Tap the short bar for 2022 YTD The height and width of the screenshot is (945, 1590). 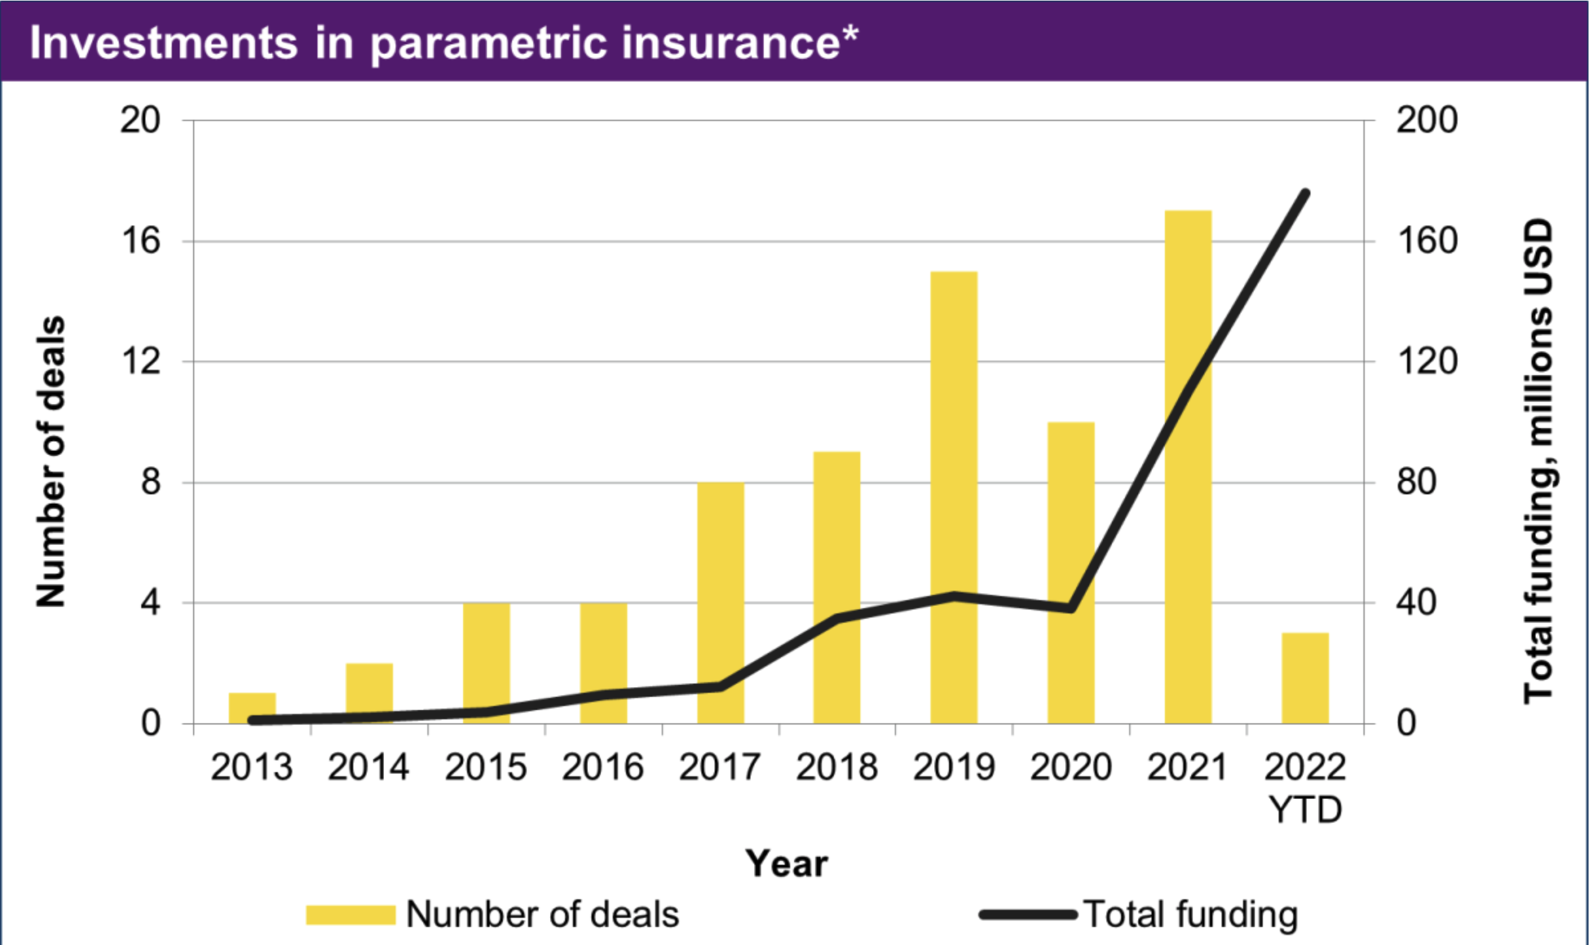click(x=1305, y=679)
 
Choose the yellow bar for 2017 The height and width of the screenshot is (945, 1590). click(x=721, y=573)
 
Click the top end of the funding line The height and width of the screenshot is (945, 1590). click(x=1305, y=193)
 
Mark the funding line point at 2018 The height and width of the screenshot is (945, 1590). click(x=837, y=618)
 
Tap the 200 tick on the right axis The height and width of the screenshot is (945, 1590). click(x=1427, y=120)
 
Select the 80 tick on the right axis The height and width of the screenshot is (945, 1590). click(x=1416, y=482)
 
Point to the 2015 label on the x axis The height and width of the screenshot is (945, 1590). click(x=485, y=768)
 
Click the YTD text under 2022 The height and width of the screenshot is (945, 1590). click(x=1305, y=810)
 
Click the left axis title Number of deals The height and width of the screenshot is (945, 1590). click(x=51, y=461)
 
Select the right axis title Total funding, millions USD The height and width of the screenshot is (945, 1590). click(x=1538, y=461)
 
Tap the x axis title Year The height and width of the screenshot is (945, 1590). click(x=787, y=864)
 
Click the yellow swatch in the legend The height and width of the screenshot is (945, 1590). click(x=351, y=915)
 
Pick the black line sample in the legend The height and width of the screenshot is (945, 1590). click(x=1027, y=915)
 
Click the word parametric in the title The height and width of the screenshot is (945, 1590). click(x=488, y=43)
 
